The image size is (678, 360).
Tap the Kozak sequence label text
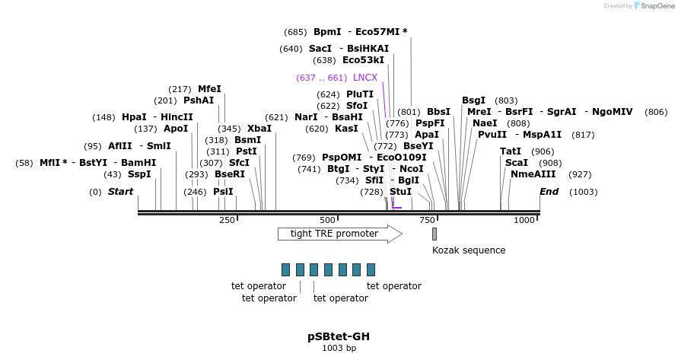click(469, 250)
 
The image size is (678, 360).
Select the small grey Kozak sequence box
click(434, 234)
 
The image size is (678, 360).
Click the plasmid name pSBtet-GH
click(339, 336)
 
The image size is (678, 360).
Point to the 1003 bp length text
click(339, 348)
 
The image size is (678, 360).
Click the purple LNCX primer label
click(365, 78)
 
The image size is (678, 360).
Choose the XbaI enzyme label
click(259, 129)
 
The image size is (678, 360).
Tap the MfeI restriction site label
click(209, 89)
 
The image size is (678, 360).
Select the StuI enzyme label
click(400, 192)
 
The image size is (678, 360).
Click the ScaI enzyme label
click(516, 163)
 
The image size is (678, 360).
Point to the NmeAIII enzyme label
click(529, 174)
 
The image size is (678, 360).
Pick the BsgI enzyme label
click(473, 100)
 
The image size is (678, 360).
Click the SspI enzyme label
click(139, 174)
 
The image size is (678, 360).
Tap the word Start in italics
click(120, 192)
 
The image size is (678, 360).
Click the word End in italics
click(549, 192)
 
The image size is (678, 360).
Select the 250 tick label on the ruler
click(227, 220)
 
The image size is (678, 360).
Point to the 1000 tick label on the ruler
click(524, 220)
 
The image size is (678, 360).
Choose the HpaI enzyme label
click(134, 117)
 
